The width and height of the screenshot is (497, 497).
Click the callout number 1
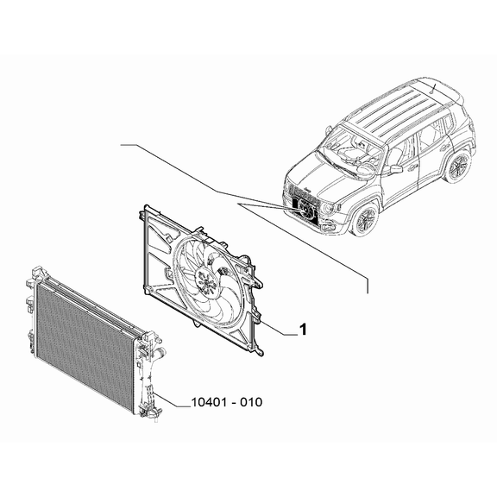pos(303,330)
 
